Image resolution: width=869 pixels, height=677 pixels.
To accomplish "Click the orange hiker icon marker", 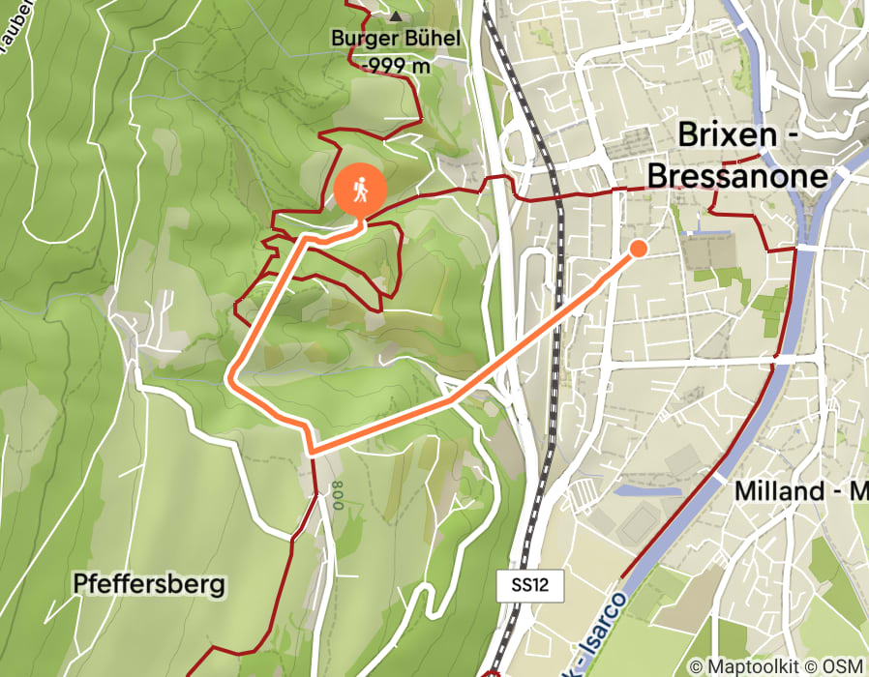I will tap(360, 190).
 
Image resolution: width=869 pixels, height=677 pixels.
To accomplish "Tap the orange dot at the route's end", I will tap(639, 249).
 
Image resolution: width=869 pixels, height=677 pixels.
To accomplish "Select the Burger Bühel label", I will tap(395, 41).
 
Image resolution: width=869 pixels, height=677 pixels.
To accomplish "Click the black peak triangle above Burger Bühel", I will tap(395, 16).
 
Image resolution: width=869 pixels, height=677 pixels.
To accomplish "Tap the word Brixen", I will tap(728, 134).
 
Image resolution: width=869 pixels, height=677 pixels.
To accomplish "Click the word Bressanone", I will tap(737, 176).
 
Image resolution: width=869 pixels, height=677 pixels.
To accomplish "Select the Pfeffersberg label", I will tap(149, 583).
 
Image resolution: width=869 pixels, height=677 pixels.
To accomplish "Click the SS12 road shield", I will tap(529, 584).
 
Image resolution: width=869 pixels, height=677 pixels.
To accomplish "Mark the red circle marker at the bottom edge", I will tap(491, 674).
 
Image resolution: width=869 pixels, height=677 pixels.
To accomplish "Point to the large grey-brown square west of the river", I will tap(709, 250).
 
